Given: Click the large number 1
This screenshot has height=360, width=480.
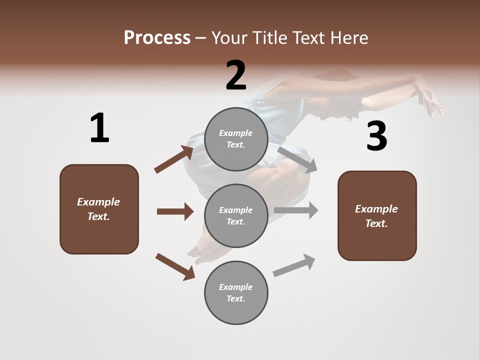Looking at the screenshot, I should [99, 128].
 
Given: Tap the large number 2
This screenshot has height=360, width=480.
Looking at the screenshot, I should [236, 75].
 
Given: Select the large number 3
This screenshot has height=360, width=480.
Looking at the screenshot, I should [376, 136].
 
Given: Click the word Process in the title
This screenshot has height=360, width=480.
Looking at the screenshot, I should [157, 37].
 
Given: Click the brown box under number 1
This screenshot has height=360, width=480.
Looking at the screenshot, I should [99, 209].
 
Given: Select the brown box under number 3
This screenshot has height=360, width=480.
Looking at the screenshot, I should [377, 215].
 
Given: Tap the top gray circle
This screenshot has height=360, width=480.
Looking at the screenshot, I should [236, 139].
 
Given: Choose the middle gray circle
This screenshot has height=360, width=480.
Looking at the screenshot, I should [236, 215].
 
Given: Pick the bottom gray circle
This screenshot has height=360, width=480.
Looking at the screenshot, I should [236, 292].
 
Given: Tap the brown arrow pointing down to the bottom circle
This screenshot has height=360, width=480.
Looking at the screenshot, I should [175, 266].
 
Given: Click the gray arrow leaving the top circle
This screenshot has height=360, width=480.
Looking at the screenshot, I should [297, 159].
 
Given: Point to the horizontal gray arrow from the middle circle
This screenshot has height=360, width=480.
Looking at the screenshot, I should [296, 210].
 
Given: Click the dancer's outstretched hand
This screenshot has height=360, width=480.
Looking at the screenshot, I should [431, 100].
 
